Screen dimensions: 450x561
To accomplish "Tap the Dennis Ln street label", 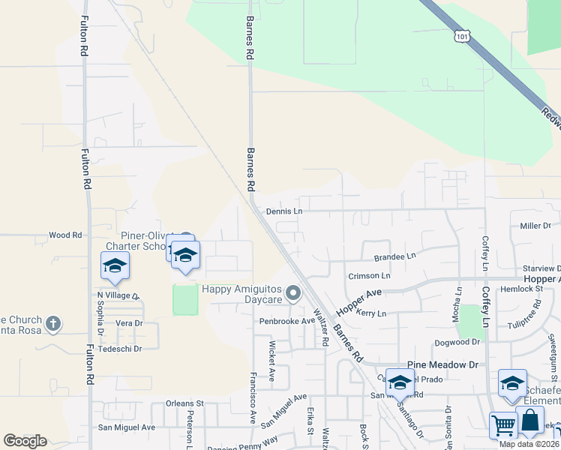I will (x=283, y=211).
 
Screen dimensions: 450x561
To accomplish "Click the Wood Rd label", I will (x=65, y=235).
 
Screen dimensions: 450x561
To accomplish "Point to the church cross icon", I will (x=52, y=324).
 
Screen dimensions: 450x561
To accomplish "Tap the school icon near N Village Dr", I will (x=115, y=265).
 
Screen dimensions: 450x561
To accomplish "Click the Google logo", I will (x=25, y=441).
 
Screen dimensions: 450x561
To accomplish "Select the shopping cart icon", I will (x=503, y=424).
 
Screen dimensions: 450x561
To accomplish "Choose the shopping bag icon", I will (x=530, y=421).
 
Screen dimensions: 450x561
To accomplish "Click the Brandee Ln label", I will (x=394, y=256).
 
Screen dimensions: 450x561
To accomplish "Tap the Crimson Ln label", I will (x=369, y=276).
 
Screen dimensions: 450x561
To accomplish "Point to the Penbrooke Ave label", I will (x=287, y=321).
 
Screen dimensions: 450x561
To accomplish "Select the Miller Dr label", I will (x=535, y=226).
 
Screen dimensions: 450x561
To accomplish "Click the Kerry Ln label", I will (x=371, y=313).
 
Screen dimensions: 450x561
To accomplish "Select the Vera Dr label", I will (x=128, y=323).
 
